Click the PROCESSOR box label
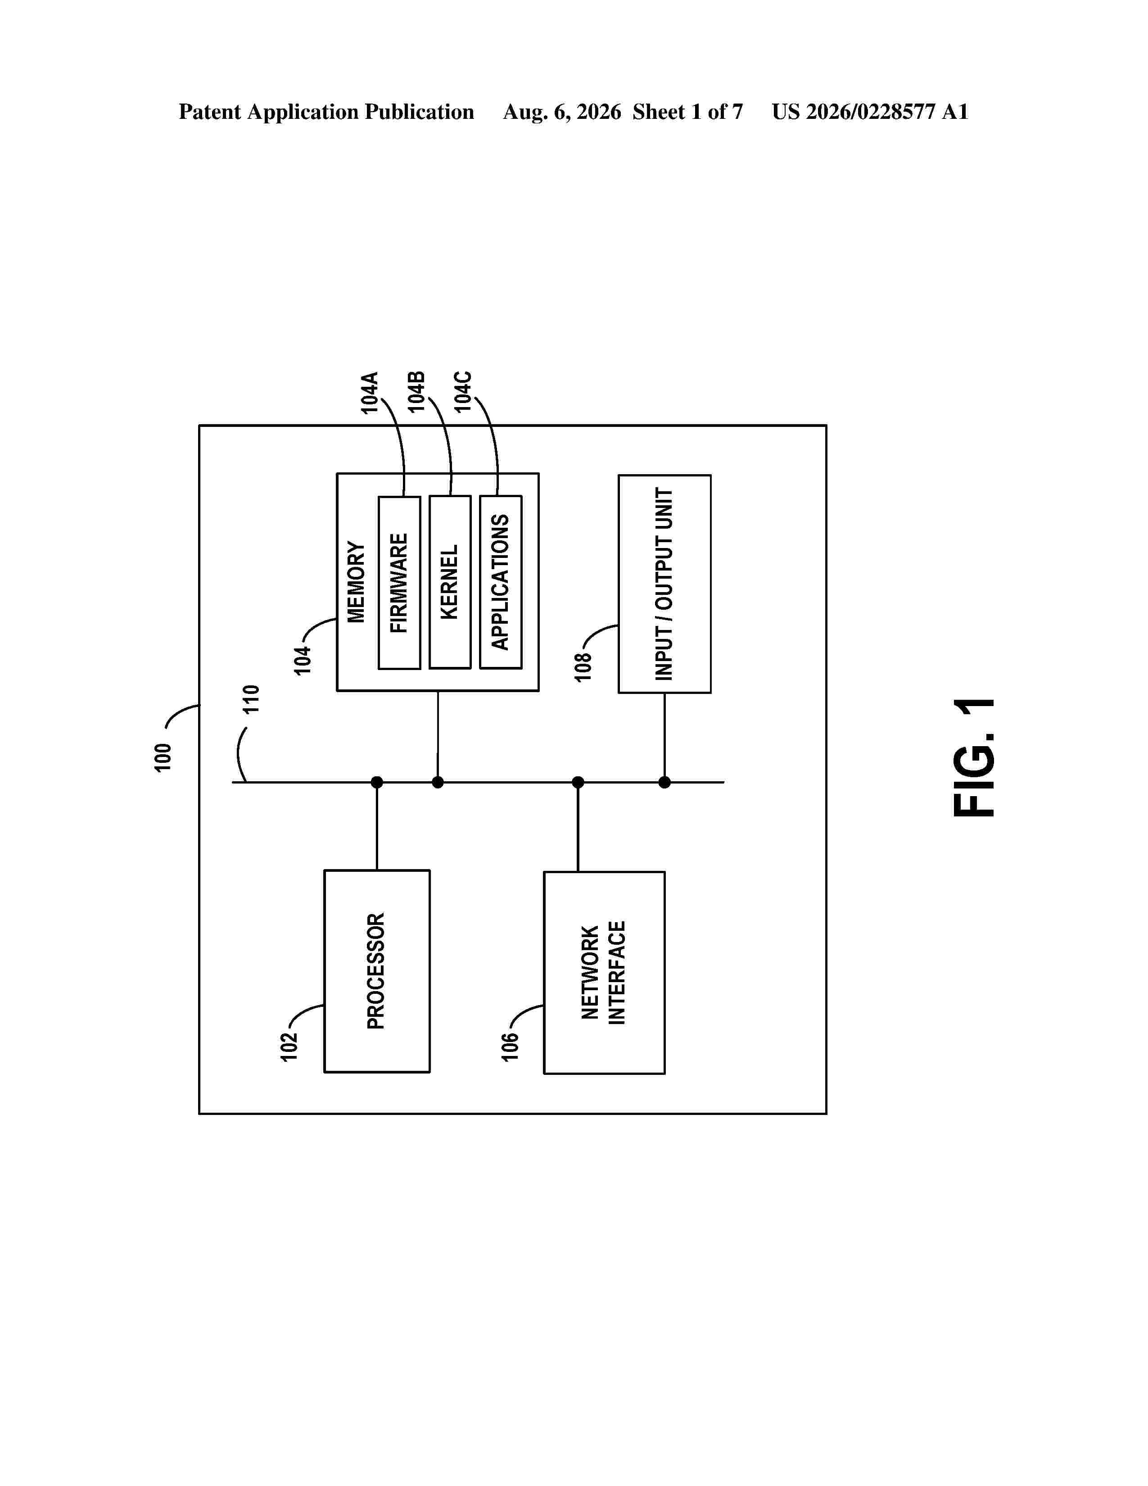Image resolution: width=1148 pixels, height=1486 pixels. pos(376,971)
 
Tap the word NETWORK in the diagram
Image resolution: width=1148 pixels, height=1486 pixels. pos(590,972)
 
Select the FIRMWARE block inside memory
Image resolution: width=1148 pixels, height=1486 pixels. pos(399,582)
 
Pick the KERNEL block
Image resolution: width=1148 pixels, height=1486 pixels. pos(450,582)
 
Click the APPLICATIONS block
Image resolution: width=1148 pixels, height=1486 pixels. pos(501,582)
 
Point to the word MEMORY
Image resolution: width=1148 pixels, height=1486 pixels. pos(357,582)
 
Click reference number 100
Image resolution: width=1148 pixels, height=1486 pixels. pos(163,758)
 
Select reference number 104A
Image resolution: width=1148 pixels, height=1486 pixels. pos(369,393)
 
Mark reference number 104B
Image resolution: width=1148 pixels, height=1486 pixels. pos(416,391)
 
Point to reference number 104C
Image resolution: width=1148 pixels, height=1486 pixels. pos(463,391)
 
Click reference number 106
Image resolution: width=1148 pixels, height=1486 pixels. pos(510,1047)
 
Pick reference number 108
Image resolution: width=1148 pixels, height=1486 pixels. pos(583,667)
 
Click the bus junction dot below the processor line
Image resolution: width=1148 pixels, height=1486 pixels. pos(377,783)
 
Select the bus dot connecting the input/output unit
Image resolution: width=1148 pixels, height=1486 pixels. pos(664,783)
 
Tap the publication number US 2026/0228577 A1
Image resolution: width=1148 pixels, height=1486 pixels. pos(870,112)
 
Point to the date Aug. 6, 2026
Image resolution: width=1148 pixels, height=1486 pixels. pos(562,112)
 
